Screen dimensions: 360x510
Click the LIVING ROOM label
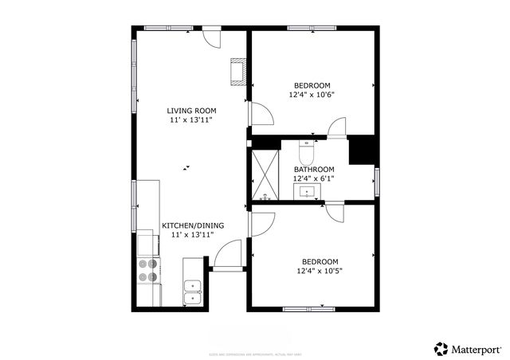pyautogui.click(x=191, y=111)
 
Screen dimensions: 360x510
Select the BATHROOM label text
pyautogui.click(x=314, y=170)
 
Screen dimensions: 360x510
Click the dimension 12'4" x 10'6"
pyautogui.click(x=312, y=95)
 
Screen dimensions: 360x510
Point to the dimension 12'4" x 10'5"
pyautogui.click(x=319, y=271)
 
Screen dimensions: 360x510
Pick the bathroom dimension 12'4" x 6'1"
pyautogui.click(x=314, y=178)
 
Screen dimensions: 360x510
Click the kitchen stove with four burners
pyautogui.click(x=148, y=271)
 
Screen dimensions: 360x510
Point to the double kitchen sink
pyautogui.click(x=193, y=292)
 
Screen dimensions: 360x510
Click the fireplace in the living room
pyautogui.click(x=237, y=72)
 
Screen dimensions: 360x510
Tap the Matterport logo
pyautogui.click(x=468, y=349)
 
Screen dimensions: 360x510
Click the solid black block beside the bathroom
pyautogui.click(x=361, y=150)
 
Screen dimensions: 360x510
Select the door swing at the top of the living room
pyautogui.click(x=212, y=37)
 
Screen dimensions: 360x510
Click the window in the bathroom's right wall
pyautogui.click(x=377, y=181)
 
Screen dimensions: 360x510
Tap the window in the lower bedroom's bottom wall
pyautogui.click(x=307, y=309)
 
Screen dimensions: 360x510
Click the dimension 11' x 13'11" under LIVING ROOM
pyautogui.click(x=191, y=120)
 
